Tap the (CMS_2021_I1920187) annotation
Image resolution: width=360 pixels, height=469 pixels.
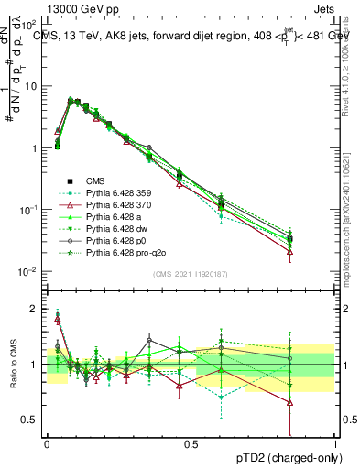[191, 274]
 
